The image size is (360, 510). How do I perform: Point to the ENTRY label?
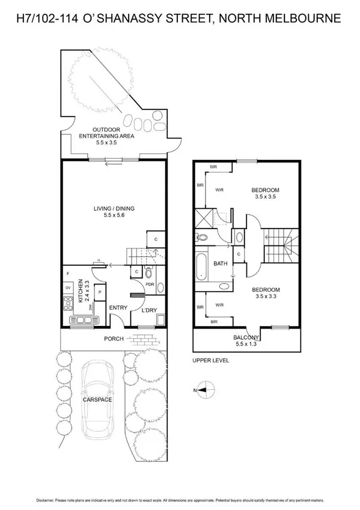tap(118, 308)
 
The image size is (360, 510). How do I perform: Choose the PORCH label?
tap(113, 339)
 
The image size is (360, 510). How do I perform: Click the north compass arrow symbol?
tap(204, 389)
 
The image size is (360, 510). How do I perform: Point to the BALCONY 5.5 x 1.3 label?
tap(246, 340)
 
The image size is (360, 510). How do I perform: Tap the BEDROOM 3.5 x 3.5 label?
tap(265, 194)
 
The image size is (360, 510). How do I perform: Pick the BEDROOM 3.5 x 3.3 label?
tap(265, 293)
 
